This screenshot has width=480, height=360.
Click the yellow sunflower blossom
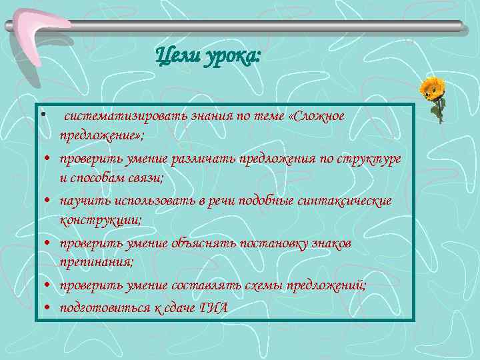click(433, 87)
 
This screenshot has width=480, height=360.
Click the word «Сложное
click(315, 117)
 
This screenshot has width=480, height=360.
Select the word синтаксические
click(351, 201)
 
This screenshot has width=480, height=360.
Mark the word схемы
click(261, 286)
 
